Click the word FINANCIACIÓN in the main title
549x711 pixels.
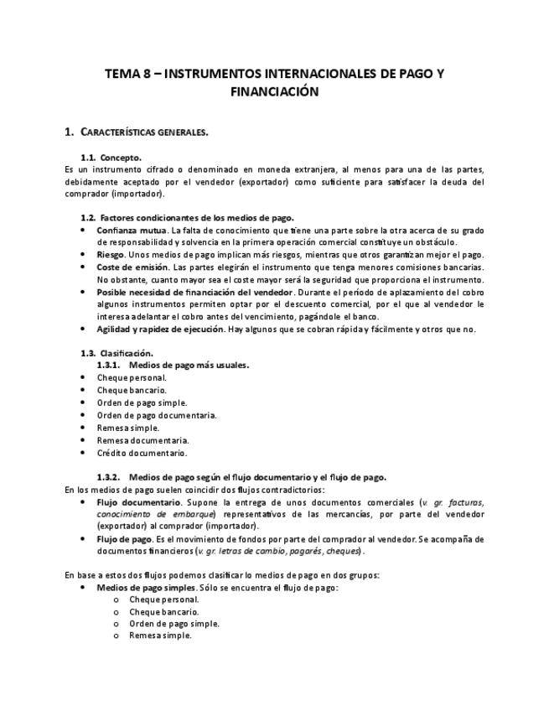point(275,91)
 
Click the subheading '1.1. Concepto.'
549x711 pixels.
point(111,157)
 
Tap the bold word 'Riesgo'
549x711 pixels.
point(111,254)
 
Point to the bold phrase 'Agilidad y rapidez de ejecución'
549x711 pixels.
point(165,329)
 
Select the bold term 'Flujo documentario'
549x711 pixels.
point(134,501)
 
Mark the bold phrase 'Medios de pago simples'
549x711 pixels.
point(147,588)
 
